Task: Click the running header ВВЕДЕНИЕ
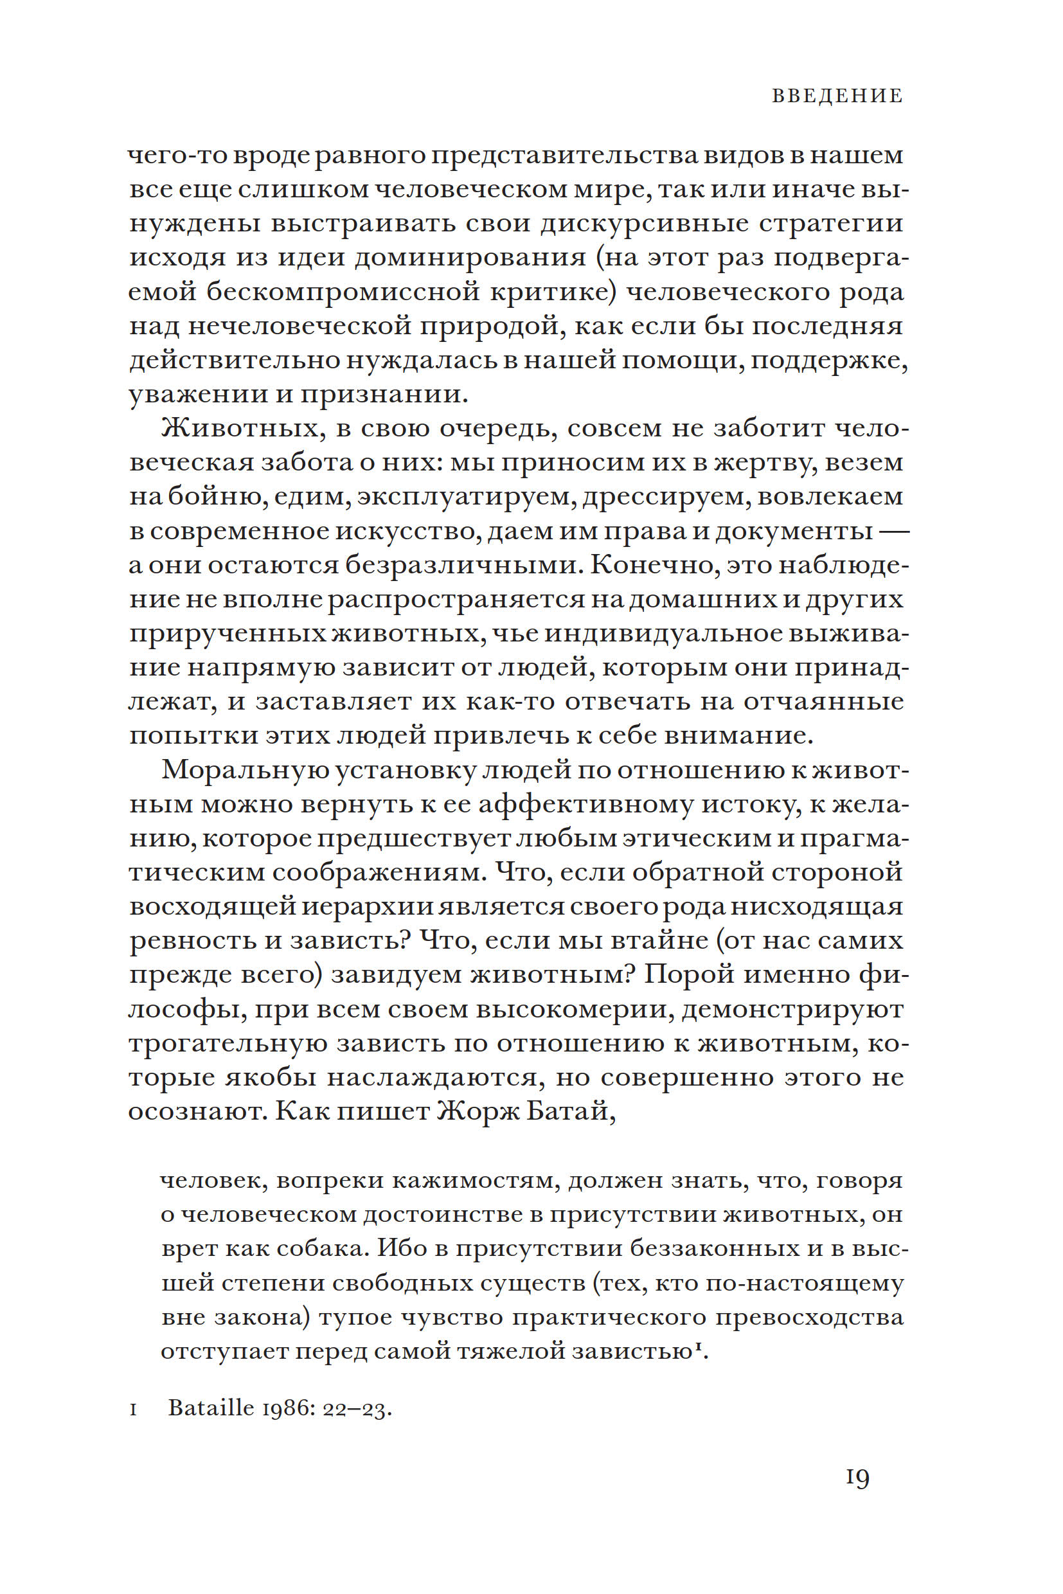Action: [837, 96]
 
